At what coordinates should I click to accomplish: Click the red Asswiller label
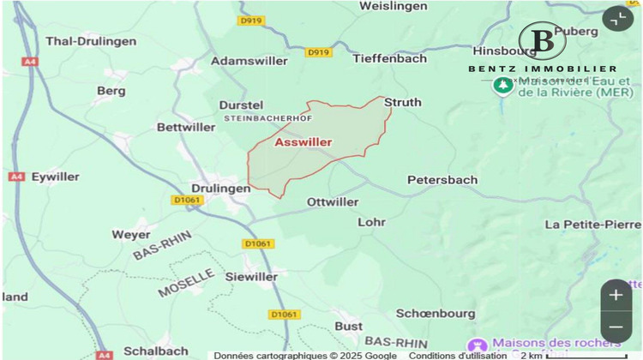303,142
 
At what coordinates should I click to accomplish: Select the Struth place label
403,102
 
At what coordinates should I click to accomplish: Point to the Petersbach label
442,180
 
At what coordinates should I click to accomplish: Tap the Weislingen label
394,7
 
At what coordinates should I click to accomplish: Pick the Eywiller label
55,177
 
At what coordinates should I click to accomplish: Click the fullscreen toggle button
617,19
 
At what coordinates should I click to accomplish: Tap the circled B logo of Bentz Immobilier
542,40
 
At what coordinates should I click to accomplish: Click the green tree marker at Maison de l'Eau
502,87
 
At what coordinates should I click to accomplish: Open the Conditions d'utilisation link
457,355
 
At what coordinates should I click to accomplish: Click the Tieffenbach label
389,58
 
